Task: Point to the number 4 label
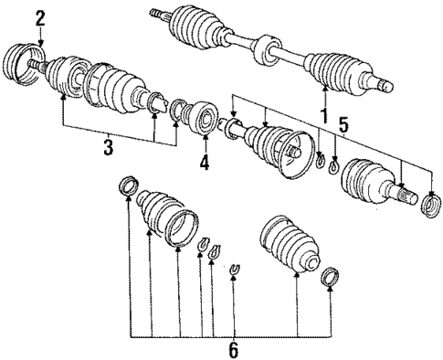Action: pyautogui.click(x=205, y=165)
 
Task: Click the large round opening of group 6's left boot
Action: pyautogui.click(x=185, y=225)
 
